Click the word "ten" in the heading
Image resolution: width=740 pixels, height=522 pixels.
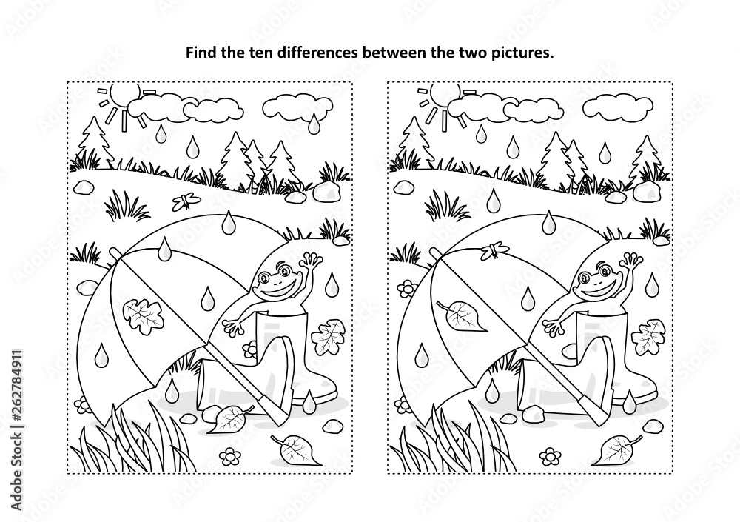tap(264, 53)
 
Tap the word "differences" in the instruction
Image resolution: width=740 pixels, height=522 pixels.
tap(317, 53)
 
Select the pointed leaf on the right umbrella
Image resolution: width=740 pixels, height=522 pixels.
tap(462, 315)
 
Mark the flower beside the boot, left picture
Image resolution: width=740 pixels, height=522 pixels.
tap(249, 349)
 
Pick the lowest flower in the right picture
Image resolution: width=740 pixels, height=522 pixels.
tap(550, 455)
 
